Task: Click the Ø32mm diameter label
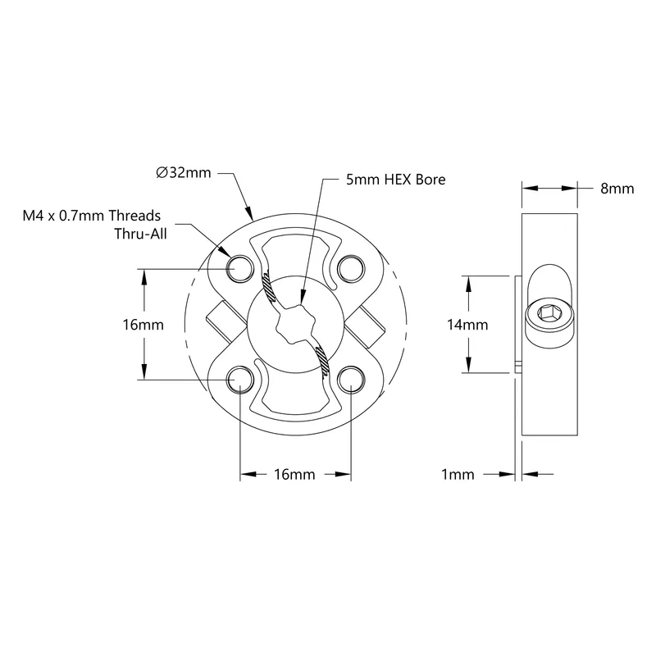[x=183, y=173]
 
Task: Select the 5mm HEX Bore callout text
[x=395, y=180]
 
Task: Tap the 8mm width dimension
[x=617, y=189]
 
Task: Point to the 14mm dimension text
[x=467, y=325]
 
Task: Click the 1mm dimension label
[x=458, y=475]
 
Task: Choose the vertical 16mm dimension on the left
[x=143, y=325]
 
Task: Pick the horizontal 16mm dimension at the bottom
[x=294, y=475]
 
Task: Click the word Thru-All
[x=140, y=234]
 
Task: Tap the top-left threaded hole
[x=239, y=268]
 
